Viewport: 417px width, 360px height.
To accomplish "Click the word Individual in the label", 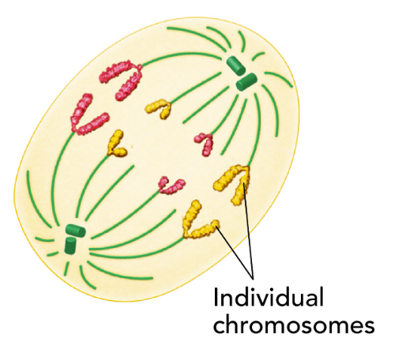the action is (x=269, y=297).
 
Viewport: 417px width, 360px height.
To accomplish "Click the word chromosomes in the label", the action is (x=294, y=323).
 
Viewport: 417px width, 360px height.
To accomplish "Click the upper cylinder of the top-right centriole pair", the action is (x=235, y=66).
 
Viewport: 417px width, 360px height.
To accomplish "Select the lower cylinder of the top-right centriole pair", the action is (x=246, y=81).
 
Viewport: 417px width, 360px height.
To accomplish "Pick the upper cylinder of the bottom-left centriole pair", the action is (x=76, y=231).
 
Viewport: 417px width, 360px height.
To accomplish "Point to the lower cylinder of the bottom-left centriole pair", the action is (x=70, y=246).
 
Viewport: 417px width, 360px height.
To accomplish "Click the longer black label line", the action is (x=249, y=230).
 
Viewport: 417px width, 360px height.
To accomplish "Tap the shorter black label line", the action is (x=235, y=252).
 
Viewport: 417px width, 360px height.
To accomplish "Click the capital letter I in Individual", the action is (x=216, y=297).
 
